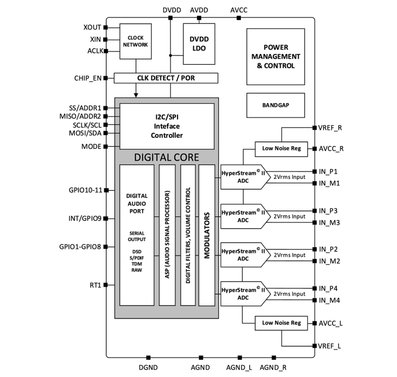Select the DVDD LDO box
click(x=199, y=44)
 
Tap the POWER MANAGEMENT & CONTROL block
click(x=275, y=57)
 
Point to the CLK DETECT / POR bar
click(x=166, y=78)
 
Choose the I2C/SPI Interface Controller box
click(x=167, y=126)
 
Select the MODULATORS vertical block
click(x=207, y=234)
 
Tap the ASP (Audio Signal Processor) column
click(x=167, y=234)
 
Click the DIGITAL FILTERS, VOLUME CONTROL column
click(x=187, y=234)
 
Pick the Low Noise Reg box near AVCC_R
click(x=281, y=149)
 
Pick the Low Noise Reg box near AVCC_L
click(x=281, y=323)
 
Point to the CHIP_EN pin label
click(x=88, y=78)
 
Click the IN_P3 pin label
click(x=328, y=211)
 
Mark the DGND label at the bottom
click(x=148, y=368)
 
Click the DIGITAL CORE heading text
click(x=166, y=157)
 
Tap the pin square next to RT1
click(x=106, y=285)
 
